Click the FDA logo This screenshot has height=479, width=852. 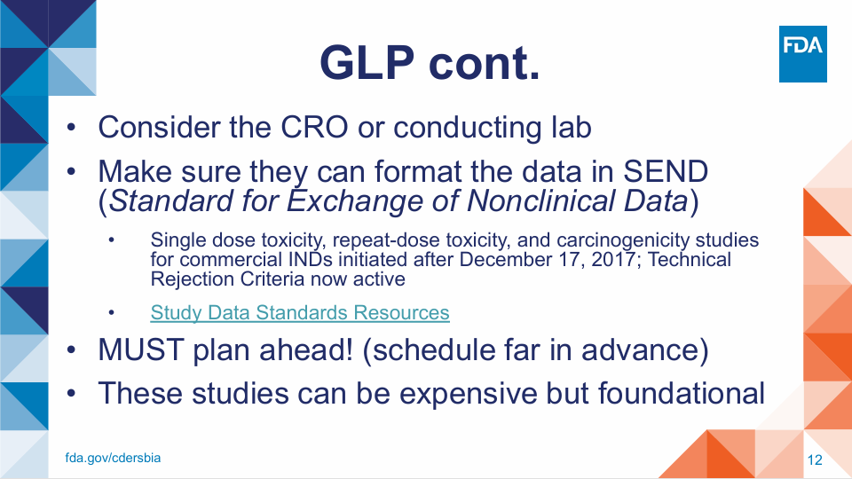tap(802, 54)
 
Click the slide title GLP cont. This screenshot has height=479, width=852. tap(430, 62)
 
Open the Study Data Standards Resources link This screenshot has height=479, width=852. tap(300, 313)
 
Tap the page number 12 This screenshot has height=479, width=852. tap(815, 460)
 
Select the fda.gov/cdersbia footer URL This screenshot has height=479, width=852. tap(113, 458)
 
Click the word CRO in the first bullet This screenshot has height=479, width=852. tap(314, 128)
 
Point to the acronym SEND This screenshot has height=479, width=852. tap(666, 171)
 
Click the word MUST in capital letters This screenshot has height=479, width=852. tap(140, 349)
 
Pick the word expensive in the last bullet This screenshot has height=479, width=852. tap(468, 394)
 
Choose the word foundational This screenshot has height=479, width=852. tap(682, 393)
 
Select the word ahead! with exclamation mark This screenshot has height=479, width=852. tap(306, 349)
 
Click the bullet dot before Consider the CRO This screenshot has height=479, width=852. tap(71, 128)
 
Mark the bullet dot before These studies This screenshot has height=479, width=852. tap(71, 394)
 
